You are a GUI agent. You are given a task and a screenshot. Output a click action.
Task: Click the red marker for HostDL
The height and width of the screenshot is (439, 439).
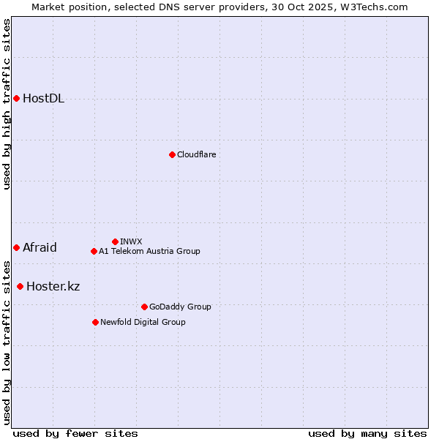pos(16,98)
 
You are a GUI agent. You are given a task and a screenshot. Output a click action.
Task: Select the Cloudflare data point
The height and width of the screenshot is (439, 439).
pos(172,154)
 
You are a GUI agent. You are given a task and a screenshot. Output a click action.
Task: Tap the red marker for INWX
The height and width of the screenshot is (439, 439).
pos(115,241)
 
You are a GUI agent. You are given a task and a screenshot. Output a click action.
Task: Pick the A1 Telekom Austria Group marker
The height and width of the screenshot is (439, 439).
pos(94,251)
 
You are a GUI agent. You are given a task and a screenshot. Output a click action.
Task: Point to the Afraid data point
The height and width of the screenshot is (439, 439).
pos(16,247)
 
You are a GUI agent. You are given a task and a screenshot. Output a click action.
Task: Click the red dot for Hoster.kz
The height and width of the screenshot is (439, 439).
pos(20,286)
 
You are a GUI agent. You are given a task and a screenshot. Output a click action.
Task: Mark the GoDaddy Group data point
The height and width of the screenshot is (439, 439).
pos(144,307)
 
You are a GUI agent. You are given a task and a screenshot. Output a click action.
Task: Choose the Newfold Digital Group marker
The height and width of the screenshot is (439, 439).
pos(95,322)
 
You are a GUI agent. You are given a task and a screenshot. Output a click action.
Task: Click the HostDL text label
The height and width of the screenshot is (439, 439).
pos(43,99)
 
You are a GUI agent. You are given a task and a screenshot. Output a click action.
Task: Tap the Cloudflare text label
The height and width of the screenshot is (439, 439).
pos(196,154)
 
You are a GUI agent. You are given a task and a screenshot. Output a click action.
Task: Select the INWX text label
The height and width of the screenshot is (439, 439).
pos(131,241)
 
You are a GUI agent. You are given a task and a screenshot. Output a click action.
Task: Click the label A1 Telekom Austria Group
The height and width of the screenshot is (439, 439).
pos(149,251)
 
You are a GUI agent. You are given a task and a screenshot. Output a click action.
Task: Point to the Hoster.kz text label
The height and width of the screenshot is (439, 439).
pos(53,286)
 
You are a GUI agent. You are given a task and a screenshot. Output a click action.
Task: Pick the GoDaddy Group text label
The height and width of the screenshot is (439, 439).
pos(179,307)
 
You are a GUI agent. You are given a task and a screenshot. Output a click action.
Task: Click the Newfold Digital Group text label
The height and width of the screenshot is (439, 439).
pos(143,322)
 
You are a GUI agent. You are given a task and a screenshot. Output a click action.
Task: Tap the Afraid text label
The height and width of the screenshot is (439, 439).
pos(40,247)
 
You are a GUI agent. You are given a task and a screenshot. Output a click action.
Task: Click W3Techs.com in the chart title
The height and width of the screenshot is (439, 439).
pos(371,7)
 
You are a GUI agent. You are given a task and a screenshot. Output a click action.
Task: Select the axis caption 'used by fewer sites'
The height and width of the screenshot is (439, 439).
pos(75,433)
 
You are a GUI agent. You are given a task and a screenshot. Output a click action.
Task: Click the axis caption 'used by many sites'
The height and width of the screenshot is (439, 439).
pos(367,433)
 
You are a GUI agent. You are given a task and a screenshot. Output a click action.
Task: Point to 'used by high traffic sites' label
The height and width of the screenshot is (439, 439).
pos(7,104)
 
